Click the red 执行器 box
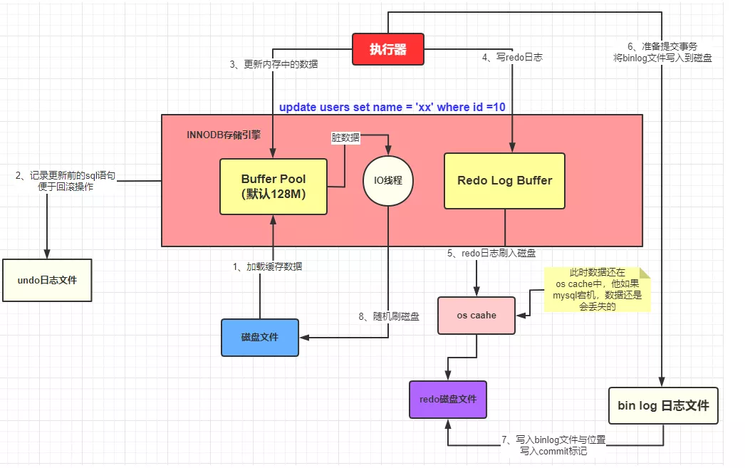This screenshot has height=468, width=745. [x=388, y=49]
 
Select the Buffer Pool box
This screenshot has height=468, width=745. [x=273, y=186]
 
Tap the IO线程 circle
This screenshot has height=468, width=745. [x=388, y=181]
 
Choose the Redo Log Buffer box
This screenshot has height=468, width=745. [x=504, y=181]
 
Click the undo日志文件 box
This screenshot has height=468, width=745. [x=47, y=280]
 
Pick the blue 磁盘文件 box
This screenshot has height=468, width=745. [x=260, y=337]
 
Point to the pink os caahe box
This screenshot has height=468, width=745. [x=476, y=316]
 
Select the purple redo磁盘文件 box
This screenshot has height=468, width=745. [x=448, y=399]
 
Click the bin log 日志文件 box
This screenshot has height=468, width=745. [x=663, y=406]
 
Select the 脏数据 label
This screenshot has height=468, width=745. [x=346, y=137]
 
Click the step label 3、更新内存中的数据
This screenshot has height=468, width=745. [x=273, y=64]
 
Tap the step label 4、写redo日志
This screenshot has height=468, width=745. [x=512, y=57]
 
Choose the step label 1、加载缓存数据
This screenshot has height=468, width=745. [x=267, y=267]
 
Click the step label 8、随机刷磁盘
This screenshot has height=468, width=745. [x=389, y=316]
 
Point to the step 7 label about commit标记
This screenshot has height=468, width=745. [x=553, y=445]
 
